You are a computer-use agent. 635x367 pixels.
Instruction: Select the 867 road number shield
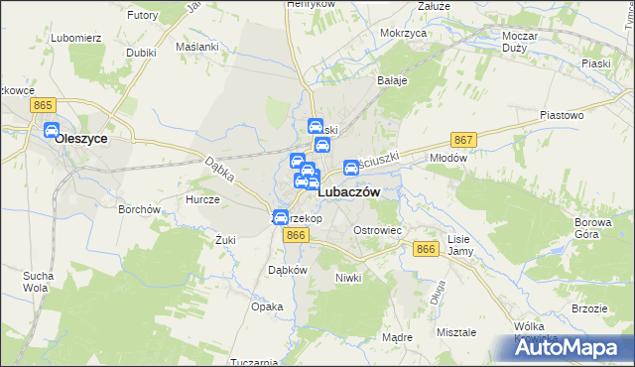[463, 141]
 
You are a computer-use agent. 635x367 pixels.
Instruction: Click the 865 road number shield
[41, 105]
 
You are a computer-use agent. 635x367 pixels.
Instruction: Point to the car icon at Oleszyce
[52, 130]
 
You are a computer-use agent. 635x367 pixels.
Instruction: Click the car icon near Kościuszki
[351, 169]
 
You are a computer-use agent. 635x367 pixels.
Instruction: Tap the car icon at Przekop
[281, 218]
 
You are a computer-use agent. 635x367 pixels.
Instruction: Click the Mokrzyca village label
[403, 33]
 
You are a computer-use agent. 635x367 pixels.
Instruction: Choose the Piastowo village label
[561, 115]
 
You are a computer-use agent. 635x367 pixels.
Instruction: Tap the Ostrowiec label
[377, 230]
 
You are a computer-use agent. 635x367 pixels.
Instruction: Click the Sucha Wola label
[38, 281]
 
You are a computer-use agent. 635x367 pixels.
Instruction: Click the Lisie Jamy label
[459, 245]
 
